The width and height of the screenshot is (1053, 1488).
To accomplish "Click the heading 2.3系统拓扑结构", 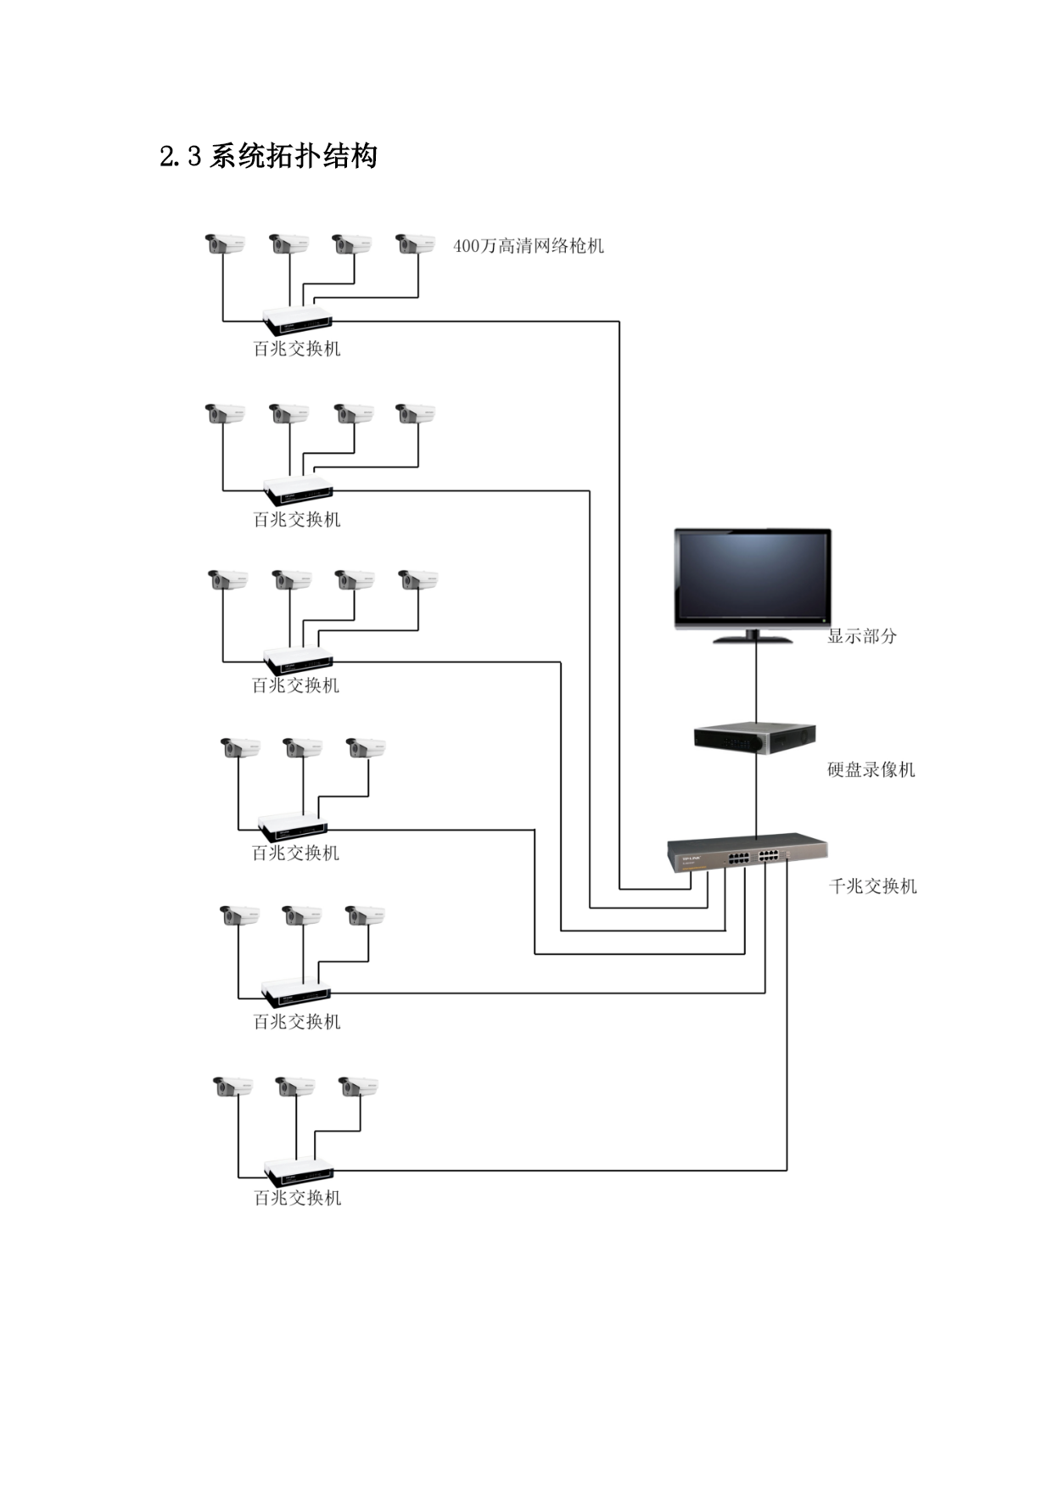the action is [268, 156].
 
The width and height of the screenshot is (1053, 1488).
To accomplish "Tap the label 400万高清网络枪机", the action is [529, 246].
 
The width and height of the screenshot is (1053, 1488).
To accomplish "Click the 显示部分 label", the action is [862, 636].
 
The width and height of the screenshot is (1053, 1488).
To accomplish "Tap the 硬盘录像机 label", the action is [871, 769].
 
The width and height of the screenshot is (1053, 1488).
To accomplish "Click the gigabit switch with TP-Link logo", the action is [748, 852].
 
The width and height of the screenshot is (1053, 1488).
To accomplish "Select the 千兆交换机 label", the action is [873, 887].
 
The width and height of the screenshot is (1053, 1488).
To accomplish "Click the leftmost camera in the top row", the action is [225, 244].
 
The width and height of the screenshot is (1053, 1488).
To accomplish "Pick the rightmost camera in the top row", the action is [416, 244].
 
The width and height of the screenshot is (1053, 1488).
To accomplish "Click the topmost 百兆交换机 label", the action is [297, 349].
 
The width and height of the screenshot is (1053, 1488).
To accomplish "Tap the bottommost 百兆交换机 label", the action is [298, 1198].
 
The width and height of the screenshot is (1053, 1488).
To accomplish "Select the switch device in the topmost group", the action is [297, 320].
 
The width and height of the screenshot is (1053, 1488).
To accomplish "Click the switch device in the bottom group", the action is [298, 1171].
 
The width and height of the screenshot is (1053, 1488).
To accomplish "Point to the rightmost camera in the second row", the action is [416, 414].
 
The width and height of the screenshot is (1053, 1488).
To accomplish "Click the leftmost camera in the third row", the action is [228, 580].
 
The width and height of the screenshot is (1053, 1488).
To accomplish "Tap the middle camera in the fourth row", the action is [303, 748].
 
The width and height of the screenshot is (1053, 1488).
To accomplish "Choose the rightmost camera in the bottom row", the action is [358, 1087].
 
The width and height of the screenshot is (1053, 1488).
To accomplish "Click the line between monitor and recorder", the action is [756, 683].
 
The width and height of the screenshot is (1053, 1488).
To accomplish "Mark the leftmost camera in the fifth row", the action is [239, 916].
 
